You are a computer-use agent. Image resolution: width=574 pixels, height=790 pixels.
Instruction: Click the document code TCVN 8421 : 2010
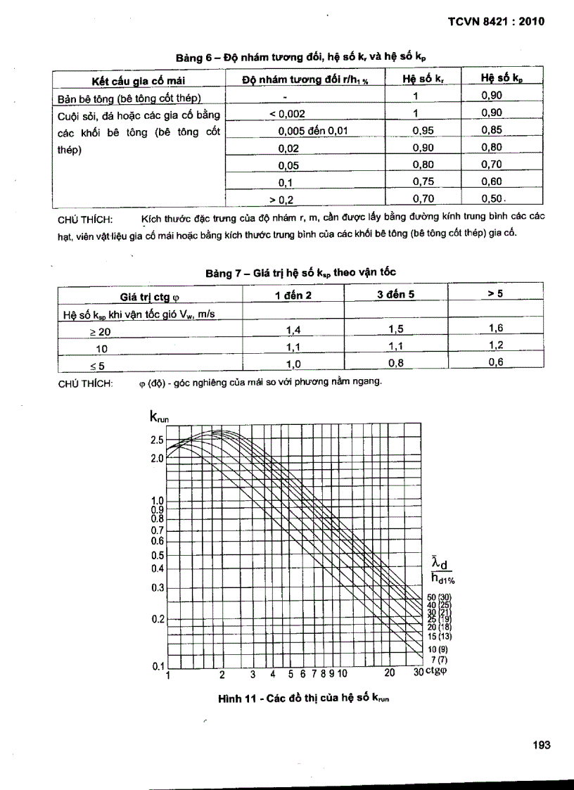pyautogui.click(x=497, y=21)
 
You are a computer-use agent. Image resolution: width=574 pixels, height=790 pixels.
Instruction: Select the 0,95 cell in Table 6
pyautogui.click(x=422, y=130)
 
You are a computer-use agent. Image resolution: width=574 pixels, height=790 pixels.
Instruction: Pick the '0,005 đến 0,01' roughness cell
pyautogui.click(x=313, y=130)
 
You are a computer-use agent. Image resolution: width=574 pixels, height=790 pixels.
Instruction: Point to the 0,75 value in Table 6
pyautogui.click(x=422, y=182)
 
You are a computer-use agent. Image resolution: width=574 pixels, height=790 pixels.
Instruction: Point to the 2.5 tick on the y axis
pyautogui.click(x=157, y=440)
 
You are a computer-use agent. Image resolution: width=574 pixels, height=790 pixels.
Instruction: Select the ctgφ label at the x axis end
pyautogui.click(x=438, y=671)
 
